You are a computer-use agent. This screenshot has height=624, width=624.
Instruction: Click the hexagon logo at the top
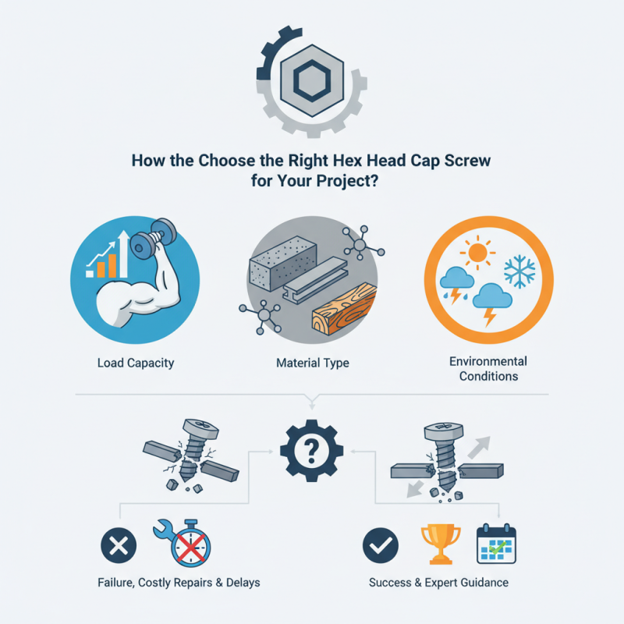(312, 78)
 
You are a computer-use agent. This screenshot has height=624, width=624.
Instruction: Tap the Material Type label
(312, 363)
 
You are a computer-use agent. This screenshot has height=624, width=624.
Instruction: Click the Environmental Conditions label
(488, 368)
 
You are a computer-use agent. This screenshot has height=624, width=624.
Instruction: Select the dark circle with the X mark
(119, 545)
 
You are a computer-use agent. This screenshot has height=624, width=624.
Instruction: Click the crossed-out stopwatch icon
(185, 544)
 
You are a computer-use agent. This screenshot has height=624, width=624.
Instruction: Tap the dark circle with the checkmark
(380, 545)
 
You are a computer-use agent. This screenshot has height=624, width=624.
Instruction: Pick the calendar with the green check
(497, 544)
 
